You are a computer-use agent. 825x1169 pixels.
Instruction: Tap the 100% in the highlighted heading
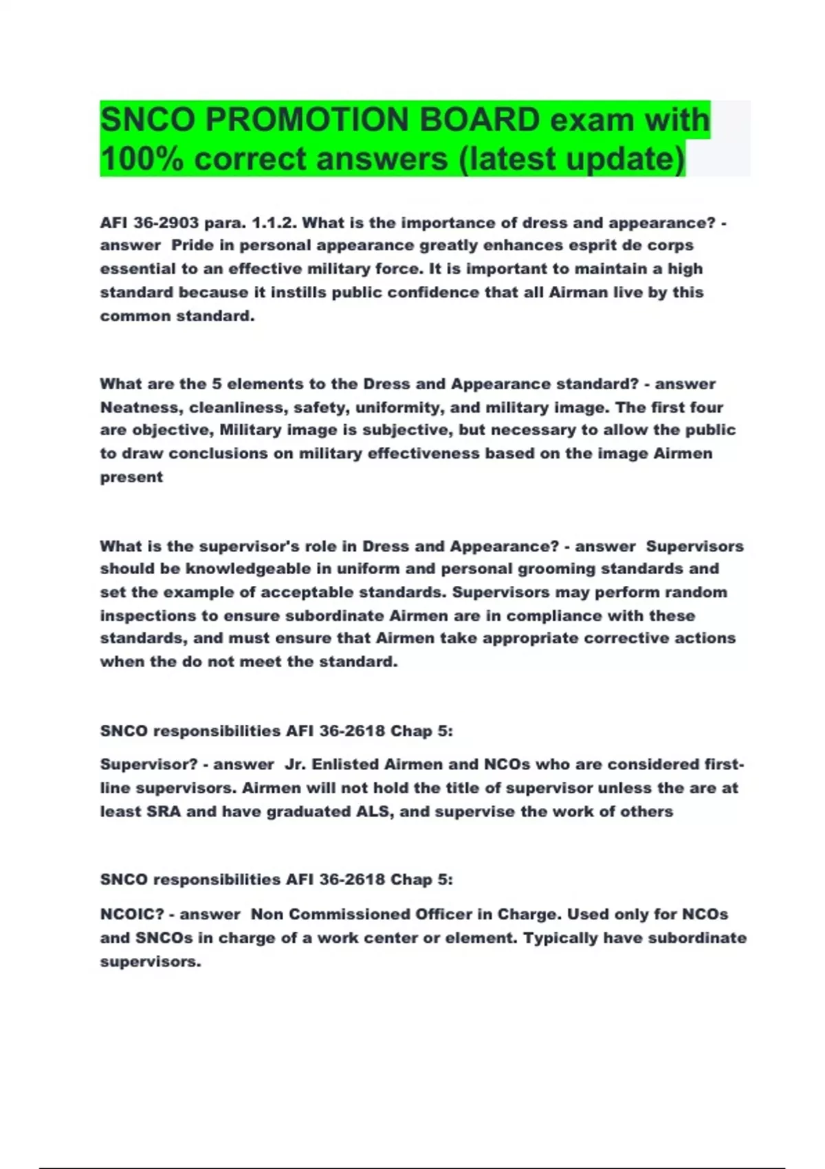141,159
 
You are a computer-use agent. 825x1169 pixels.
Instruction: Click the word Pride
192,245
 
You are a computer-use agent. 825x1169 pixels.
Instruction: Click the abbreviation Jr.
295,765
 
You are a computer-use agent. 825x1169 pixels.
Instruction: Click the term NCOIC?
132,915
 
